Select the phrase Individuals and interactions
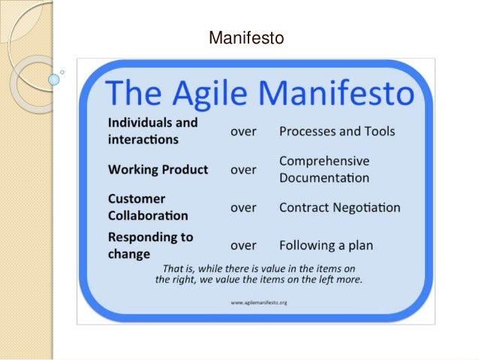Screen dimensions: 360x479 152,131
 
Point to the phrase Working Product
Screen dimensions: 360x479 158,169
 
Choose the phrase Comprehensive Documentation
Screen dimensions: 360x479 324,170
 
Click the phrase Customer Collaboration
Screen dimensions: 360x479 148,207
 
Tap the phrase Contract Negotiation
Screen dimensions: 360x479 339,207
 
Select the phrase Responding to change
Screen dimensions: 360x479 150,245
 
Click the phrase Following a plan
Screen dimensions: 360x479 326,245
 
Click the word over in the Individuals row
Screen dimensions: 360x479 243,132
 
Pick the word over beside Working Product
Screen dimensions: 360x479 243,170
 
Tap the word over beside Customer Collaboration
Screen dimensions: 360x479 243,207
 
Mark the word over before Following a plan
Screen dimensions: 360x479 243,245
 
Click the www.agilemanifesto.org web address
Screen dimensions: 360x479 259,303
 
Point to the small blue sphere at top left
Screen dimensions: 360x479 53,77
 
